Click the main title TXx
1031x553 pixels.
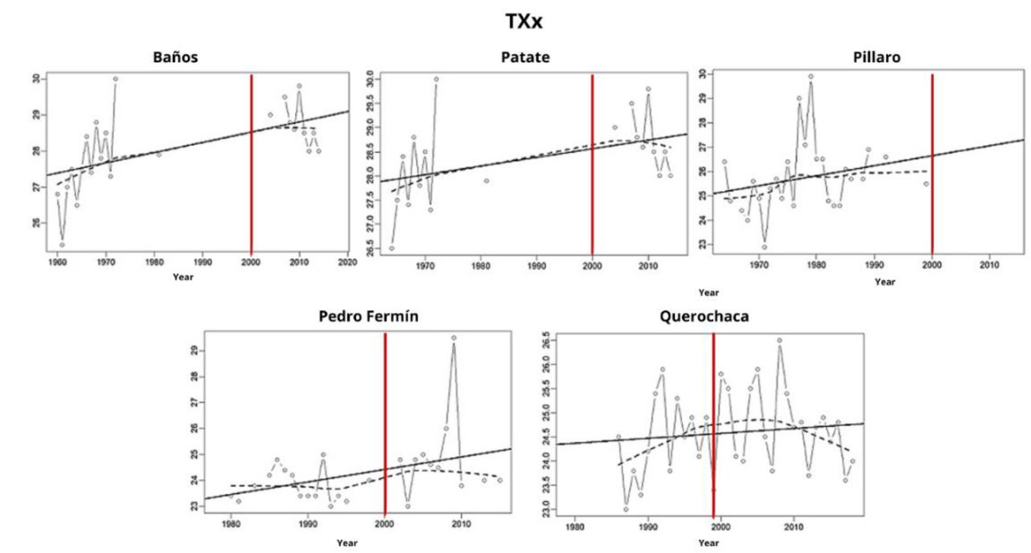click(524, 21)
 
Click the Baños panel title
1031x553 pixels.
click(175, 57)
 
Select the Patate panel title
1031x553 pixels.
click(525, 57)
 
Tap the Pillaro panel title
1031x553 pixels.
click(876, 57)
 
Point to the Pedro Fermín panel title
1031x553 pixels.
click(368, 316)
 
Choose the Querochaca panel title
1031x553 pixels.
click(704, 316)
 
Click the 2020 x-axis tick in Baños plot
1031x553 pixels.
click(347, 262)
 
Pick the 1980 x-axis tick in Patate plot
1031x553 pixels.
click(481, 265)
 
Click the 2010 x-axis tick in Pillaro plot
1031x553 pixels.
click(989, 264)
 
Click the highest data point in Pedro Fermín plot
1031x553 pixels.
click(454, 338)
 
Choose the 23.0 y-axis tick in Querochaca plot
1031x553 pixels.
click(545, 509)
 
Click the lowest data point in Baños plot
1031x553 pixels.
click(62, 245)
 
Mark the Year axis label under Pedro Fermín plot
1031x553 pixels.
click(347, 543)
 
